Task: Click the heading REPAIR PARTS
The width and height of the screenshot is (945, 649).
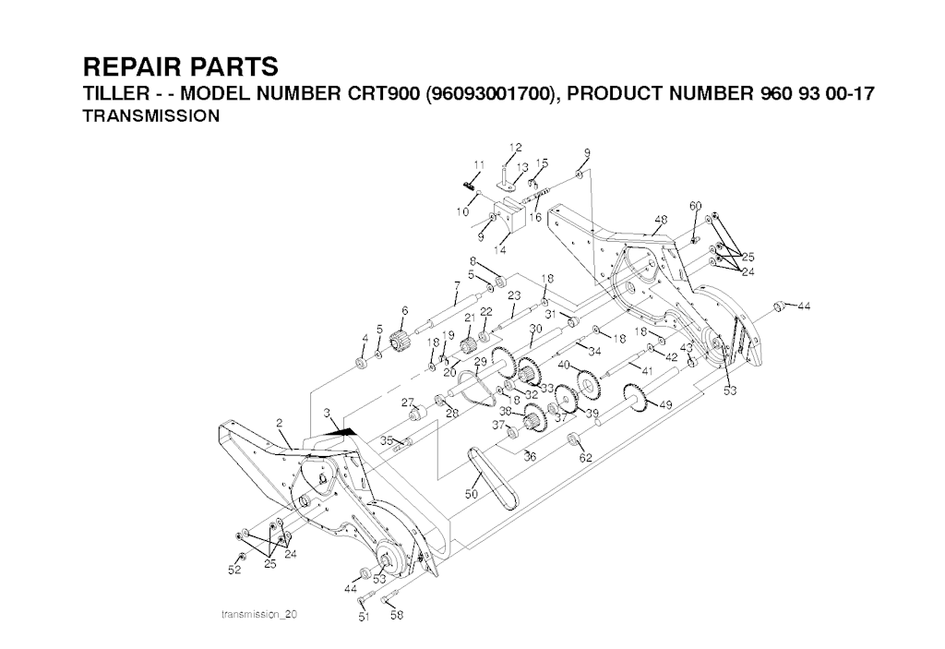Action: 180,68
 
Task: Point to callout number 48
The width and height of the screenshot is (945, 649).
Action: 660,220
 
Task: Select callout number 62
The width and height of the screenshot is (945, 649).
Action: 585,457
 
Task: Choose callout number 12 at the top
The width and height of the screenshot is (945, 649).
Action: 515,148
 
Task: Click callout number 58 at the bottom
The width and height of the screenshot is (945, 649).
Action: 397,616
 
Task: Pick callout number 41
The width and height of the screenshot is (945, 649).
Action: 647,370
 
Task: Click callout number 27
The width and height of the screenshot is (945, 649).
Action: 406,402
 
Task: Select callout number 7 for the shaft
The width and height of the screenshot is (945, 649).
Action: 457,284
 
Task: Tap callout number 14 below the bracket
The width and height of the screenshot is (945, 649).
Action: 501,250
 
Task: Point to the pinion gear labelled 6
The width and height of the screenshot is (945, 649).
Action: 400,341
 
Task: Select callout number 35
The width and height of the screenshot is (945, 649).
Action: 388,441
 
